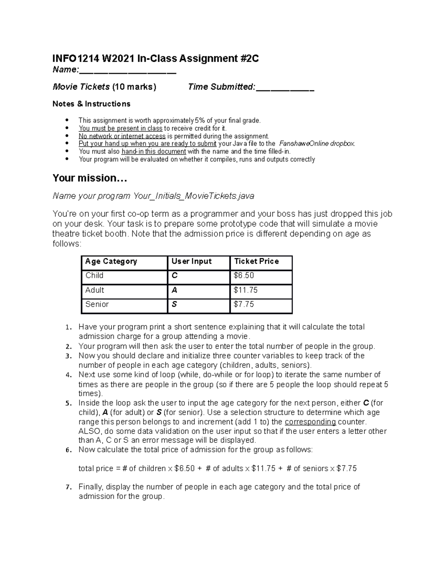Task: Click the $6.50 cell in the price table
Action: click(244, 276)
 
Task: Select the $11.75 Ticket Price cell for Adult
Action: click(245, 290)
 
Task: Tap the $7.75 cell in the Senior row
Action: click(244, 304)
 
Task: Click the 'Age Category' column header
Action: click(111, 262)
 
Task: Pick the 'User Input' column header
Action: click(191, 262)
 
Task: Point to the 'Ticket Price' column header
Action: click(256, 262)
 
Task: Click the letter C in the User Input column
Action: click(175, 276)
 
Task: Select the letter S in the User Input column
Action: click(174, 304)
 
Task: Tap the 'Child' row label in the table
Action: click(94, 276)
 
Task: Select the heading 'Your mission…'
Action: click(90, 178)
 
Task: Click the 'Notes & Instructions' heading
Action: click(91, 104)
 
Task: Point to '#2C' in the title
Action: click(249, 59)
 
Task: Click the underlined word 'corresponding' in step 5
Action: click(310, 422)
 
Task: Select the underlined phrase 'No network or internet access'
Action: click(122, 136)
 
